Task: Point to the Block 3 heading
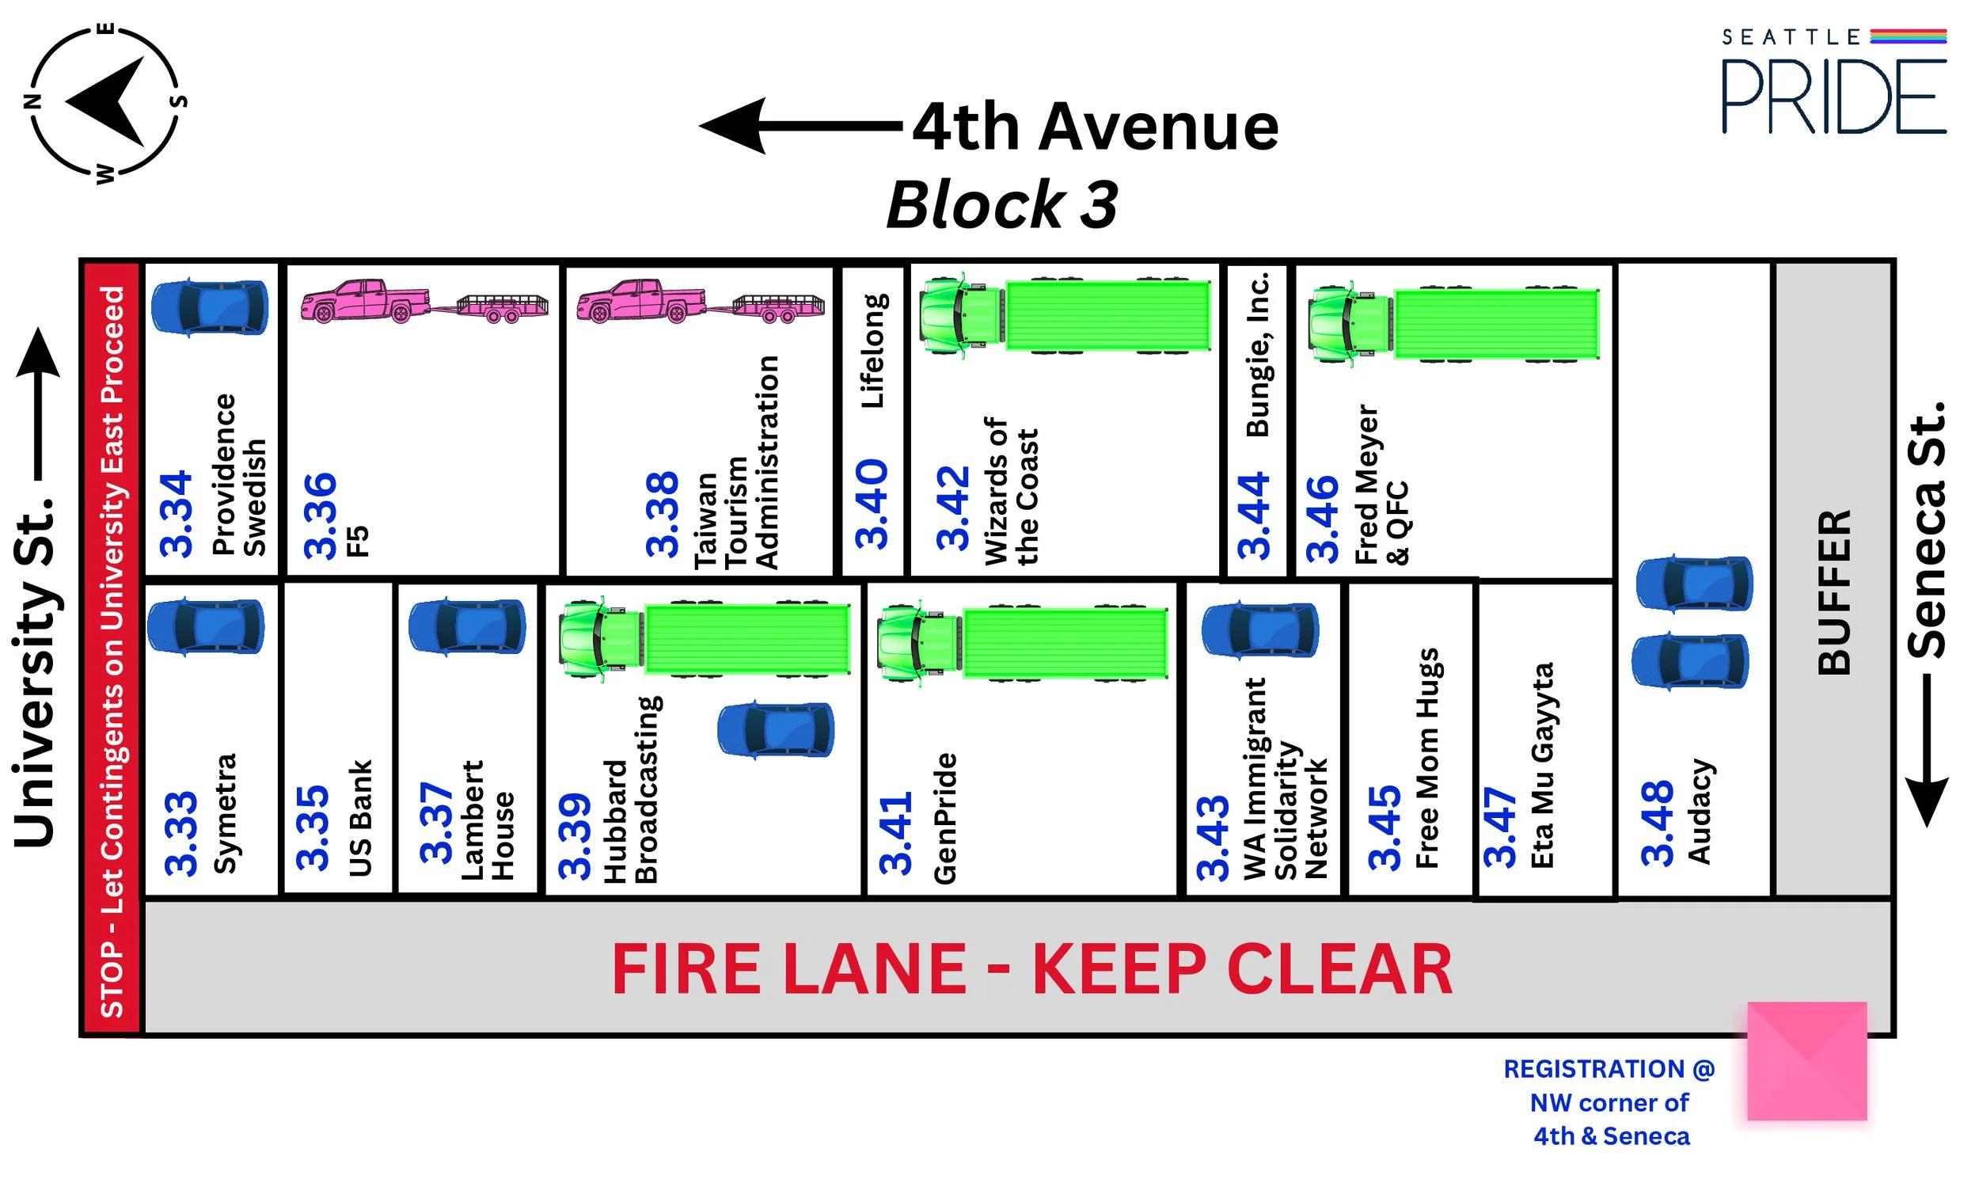(x=1001, y=205)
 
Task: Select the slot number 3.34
(x=177, y=514)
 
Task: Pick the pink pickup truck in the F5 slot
(x=367, y=302)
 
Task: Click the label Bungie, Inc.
(x=1258, y=354)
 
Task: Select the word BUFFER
(x=1834, y=592)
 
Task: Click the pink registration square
(x=1806, y=1060)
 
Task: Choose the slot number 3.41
(x=895, y=834)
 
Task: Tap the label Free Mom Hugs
(x=1427, y=758)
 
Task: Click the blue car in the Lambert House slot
(x=468, y=626)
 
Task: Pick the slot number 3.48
(x=1657, y=823)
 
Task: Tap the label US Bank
(x=361, y=818)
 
